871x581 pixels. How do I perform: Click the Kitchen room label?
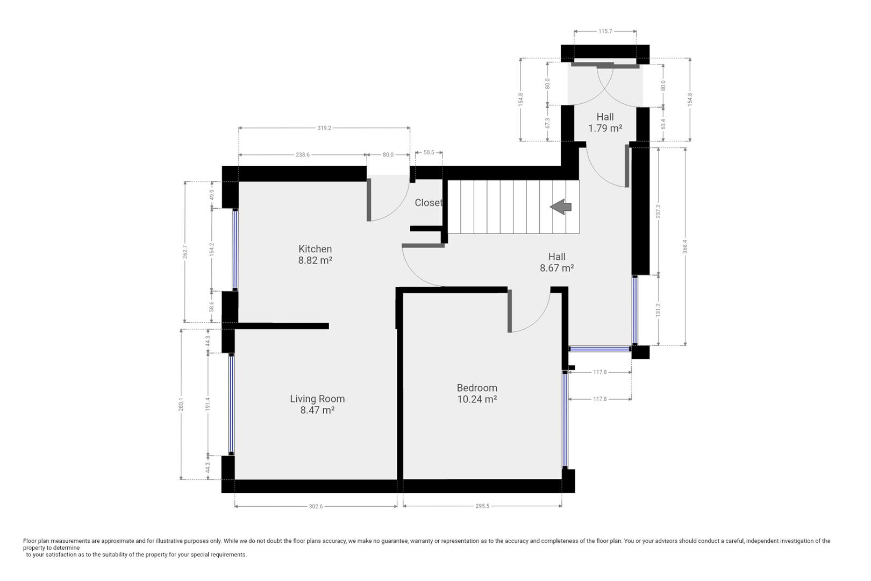click(x=315, y=249)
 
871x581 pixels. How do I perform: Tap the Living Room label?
click(x=317, y=399)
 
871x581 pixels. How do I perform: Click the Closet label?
click(x=428, y=203)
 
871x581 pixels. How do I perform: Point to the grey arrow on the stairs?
click(x=561, y=206)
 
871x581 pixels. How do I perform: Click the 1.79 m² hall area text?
click(x=605, y=129)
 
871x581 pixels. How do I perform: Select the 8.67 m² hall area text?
click(x=556, y=268)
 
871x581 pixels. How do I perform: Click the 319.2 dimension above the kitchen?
click(x=324, y=128)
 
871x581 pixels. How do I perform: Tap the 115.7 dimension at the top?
click(x=605, y=31)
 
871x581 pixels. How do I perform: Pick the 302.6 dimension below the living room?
click(x=316, y=506)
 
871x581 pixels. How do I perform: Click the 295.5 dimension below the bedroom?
click(x=482, y=506)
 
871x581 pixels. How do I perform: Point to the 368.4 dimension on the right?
click(x=685, y=246)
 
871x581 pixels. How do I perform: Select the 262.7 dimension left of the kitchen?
click(x=185, y=252)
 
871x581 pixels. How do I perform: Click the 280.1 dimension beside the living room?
click(x=181, y=404)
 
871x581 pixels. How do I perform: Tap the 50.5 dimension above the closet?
click(x=429, y=153)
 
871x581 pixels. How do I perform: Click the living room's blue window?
click(x=231, y=404)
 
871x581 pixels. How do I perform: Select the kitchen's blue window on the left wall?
click(x=235, y=250)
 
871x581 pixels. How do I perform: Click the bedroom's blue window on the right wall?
click(x=565, y=420)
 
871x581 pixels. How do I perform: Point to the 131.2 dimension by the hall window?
click(x=658, y=310)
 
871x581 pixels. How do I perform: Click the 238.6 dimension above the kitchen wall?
click(x=303, y=155)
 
